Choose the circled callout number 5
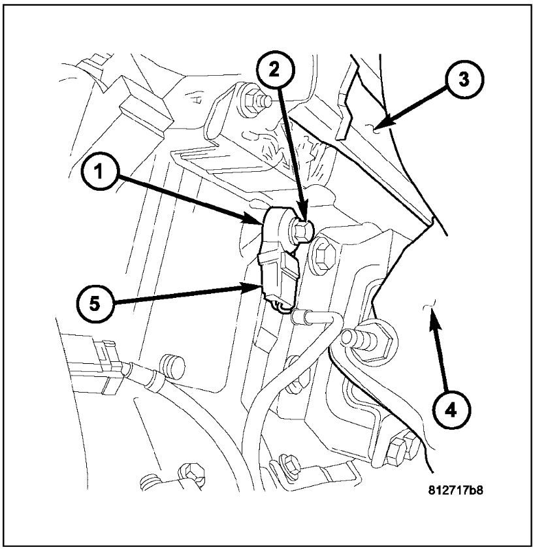pos(96,304)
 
